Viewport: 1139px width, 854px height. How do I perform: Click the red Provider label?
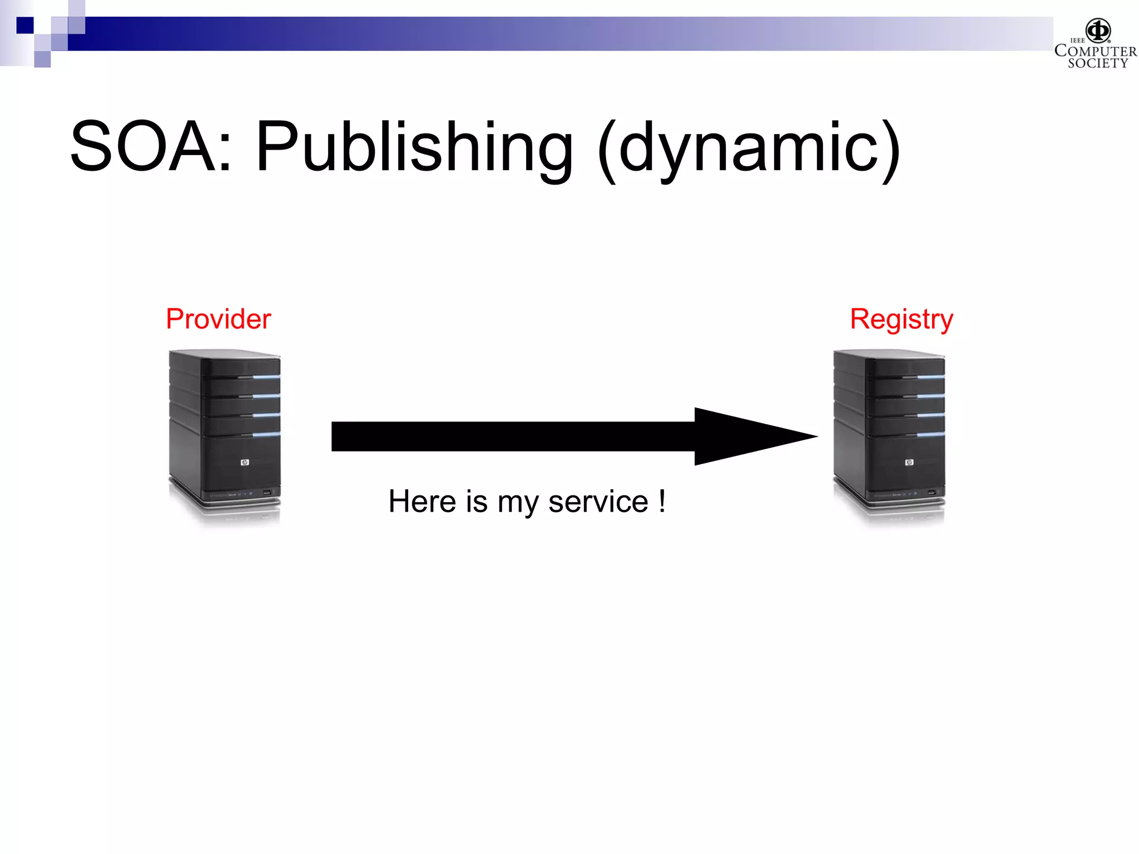tap(218, 319)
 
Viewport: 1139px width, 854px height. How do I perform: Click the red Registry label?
tap(902, 320)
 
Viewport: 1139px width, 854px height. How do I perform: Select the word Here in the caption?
tap(422, 502)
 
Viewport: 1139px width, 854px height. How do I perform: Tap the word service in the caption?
tap(598, 502)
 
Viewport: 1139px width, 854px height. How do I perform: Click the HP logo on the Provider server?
tap(245, 463)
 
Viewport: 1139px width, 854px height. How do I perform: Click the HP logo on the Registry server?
tap(909, 463)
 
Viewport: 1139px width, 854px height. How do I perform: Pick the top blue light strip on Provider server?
tap(266, 377)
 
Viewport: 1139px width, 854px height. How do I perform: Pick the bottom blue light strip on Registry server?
tap(930, 434)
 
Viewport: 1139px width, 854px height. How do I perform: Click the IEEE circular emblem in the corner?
tap(1098, 30)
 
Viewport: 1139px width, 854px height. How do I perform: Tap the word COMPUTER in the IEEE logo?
tap(1096, 51)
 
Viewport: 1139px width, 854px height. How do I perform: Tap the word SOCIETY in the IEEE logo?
tap(1097, 63)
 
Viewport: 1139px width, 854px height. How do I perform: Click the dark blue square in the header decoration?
tap(24, 25)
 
